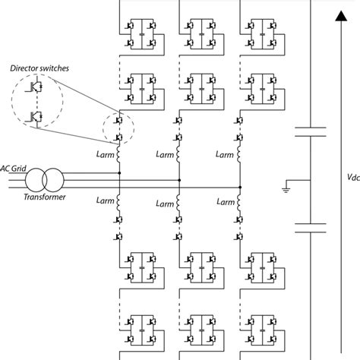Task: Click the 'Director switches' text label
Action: pos(39,68)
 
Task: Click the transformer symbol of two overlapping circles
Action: pos(43,181)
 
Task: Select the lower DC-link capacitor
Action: pos(310,225)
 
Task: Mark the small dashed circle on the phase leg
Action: pos(118,129)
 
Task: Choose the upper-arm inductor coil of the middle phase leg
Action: pos(179,155)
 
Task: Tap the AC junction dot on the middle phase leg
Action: pos(179,181)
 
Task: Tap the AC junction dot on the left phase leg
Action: pos(119,172)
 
